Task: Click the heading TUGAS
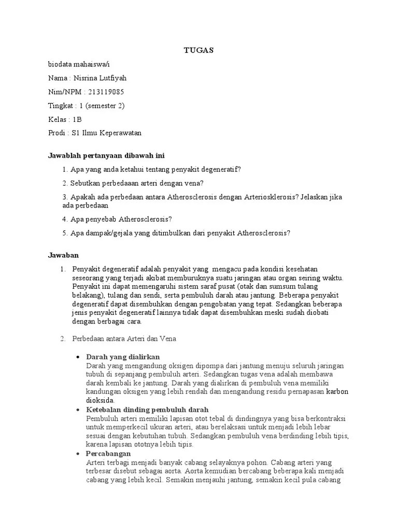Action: point(199,50)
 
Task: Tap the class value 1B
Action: point(77,119)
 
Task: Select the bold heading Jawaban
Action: point(63,255)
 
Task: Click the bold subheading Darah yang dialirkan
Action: point(123,357)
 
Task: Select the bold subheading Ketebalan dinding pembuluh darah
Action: point(147,410)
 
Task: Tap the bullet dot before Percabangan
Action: point(78,454)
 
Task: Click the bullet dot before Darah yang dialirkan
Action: point(78,357)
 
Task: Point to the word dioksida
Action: point(101,400)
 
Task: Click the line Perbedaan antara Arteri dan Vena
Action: point(124,339)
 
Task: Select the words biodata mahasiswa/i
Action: point(79,64)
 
